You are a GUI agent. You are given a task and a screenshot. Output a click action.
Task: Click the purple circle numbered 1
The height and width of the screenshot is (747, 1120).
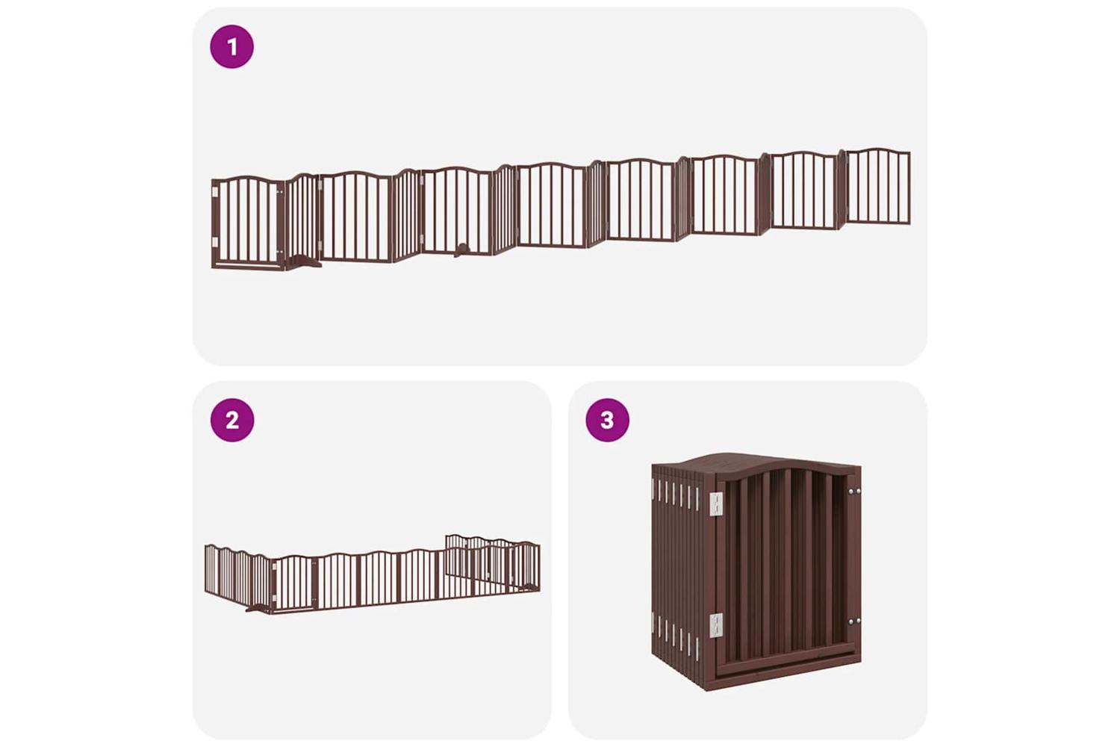(231, 46)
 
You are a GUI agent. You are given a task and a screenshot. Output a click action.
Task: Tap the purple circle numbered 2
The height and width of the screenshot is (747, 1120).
(232, 421)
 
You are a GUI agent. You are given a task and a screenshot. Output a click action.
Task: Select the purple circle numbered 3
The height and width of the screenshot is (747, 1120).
(607, 421)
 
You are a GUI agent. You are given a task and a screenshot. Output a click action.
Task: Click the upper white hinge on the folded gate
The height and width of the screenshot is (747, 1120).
(716, 503)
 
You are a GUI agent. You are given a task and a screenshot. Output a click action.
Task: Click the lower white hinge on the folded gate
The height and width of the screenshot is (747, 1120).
(716, 625)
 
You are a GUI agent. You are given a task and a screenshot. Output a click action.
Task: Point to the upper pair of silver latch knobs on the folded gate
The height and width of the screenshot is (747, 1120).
(854, 492)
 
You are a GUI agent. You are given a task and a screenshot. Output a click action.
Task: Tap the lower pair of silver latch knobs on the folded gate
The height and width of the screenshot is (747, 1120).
(854, 622)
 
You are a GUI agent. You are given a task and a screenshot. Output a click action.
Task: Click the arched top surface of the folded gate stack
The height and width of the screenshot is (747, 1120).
(755, 463)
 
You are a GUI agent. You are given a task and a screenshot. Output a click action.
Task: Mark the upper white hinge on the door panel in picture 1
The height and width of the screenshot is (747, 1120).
(215, 192)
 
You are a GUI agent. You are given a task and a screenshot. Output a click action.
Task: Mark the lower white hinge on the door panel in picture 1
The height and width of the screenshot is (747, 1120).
(215, 242)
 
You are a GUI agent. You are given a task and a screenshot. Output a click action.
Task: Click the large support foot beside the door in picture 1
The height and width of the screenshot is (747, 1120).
(304, 261)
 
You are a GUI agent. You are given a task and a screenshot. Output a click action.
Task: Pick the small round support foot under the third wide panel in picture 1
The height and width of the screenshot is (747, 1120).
(463, 249)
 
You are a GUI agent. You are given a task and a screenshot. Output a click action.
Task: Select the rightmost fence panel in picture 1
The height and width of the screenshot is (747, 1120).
(878, 186)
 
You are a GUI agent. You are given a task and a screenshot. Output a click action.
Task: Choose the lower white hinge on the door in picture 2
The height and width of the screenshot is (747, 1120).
(274, 598)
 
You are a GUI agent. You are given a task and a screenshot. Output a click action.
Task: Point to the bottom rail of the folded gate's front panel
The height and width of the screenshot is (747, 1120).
(785, 666)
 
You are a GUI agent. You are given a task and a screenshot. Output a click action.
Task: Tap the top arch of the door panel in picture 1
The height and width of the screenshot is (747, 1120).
(247, 179)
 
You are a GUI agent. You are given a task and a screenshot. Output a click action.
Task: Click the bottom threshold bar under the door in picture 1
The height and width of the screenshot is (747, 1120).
(247, 264)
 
